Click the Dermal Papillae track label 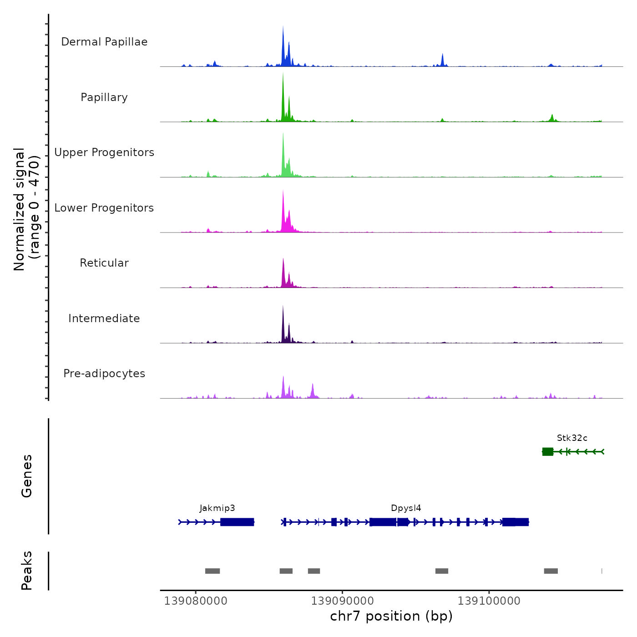pos(104,42)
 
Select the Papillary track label pos(104,97)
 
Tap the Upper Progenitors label pos(104,152)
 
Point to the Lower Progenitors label pos(104,208)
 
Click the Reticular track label pos(104,263)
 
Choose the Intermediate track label pos(104,318)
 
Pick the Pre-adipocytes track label pos(104,374)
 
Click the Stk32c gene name pos(572,438)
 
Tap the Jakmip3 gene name pos(217,508)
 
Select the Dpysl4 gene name pos(406,508)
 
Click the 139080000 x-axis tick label pos(196,601)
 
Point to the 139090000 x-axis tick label pos(342,601)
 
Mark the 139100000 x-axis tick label pos(489,601)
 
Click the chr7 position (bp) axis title pos(391,616)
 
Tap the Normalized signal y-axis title pos(26,209)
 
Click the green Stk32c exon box pos(548,451)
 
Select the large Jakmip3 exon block pos(237,522)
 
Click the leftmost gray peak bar pos(212,571)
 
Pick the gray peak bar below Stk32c pos(551,571)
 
